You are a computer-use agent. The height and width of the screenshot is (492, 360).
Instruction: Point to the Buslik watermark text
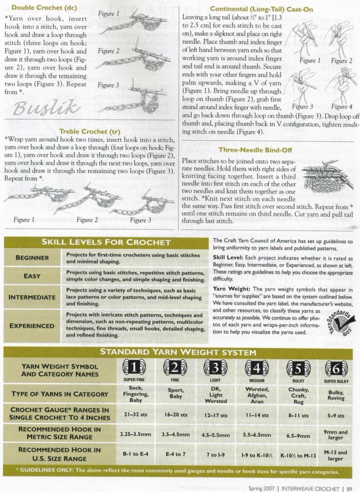click(47, 106)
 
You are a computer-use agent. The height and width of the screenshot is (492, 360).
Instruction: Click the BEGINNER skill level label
click(32, 258)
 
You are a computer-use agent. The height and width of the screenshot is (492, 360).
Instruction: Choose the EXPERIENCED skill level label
click(32, 325)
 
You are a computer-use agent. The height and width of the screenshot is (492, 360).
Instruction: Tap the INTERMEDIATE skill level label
click(32, 297)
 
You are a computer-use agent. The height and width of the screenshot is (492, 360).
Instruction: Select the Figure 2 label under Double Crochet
click(108, 51)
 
